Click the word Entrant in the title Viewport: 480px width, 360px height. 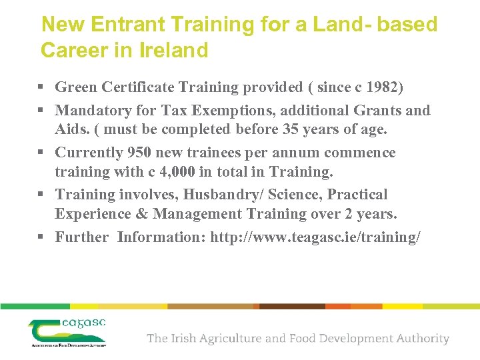[x=127, y=25]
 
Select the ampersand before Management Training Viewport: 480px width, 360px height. [x=141, y=214]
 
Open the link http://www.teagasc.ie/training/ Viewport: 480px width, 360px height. [x=315, y=237]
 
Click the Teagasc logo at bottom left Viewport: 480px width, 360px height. [x=67, y=331]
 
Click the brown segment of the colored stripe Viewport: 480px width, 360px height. [x=292, y=306]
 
